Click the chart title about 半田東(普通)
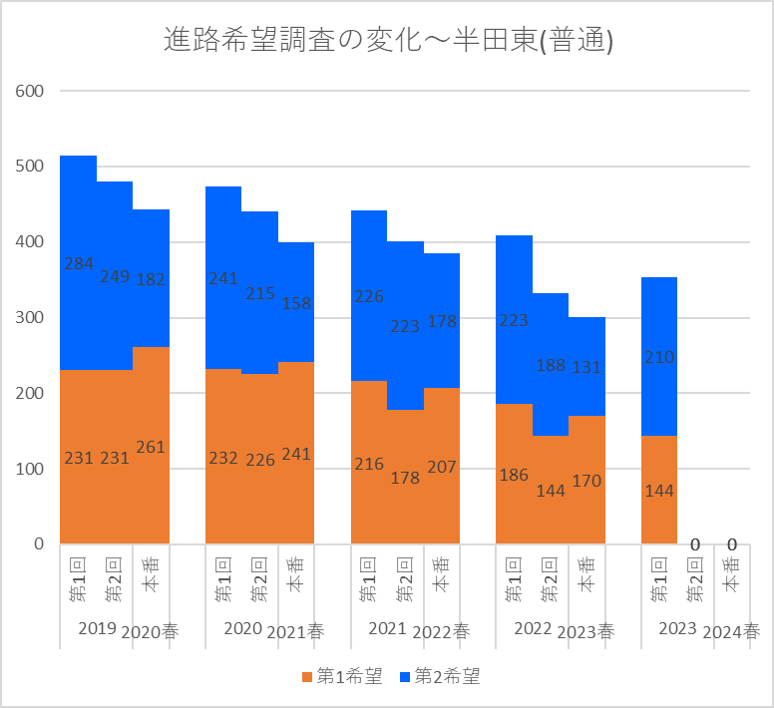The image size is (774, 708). (388, 40)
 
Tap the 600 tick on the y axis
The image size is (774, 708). (30, 91)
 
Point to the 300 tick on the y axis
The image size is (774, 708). (30, 317)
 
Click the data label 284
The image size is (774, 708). (79, 263)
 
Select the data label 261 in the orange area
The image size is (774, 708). (151, 447)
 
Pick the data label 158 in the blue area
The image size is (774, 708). (296, 303)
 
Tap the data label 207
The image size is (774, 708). (442, 467)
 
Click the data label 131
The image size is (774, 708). (586, 367)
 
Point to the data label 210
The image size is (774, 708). (659, 357)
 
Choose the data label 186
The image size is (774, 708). (514, 475)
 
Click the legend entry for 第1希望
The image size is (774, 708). (342, 676)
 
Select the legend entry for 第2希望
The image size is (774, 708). (440, 676)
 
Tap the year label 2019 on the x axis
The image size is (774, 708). (97, 628)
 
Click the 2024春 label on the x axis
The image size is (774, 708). (731, 631)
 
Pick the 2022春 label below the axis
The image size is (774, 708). (441, 631)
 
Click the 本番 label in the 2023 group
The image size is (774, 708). (731, 574)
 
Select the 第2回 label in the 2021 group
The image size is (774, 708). (405, 579)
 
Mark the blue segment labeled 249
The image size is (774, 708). (115, 276)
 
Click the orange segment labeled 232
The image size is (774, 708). (223, 457)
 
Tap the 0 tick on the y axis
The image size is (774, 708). (39, 543)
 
